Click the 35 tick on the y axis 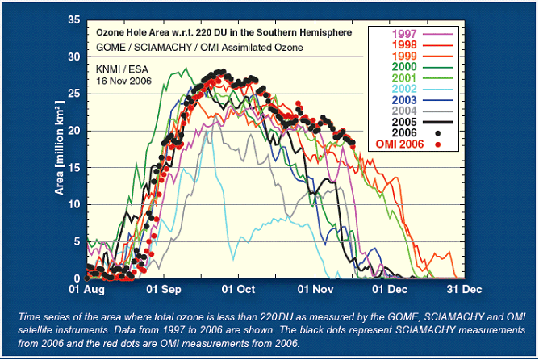point(73,19)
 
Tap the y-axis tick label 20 point(73,131)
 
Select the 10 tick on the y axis point(73,205)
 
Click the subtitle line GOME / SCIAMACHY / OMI point(198,48)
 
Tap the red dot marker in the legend point(437,144)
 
